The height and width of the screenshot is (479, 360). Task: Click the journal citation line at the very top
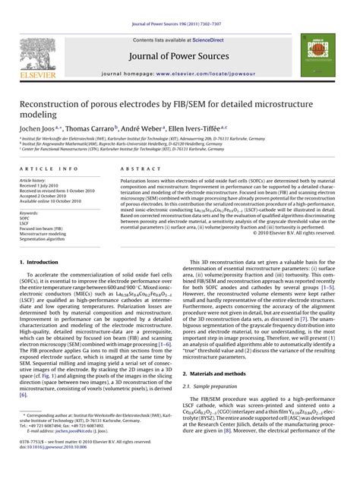(179, 7)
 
